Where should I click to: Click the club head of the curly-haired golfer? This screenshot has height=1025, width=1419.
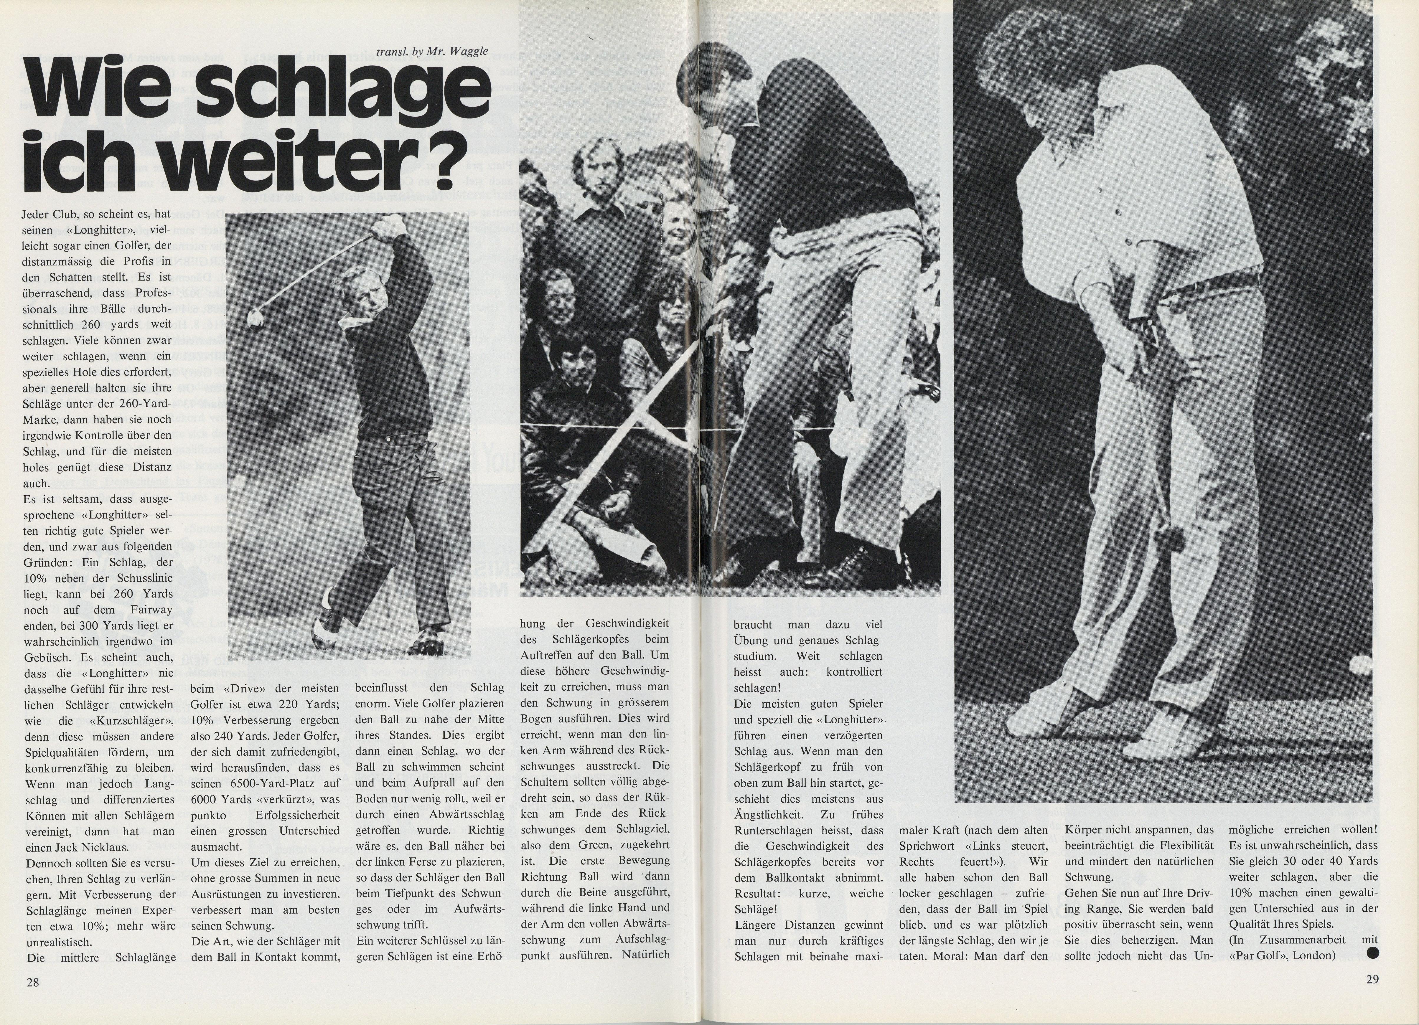[x=1165, y=535]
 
